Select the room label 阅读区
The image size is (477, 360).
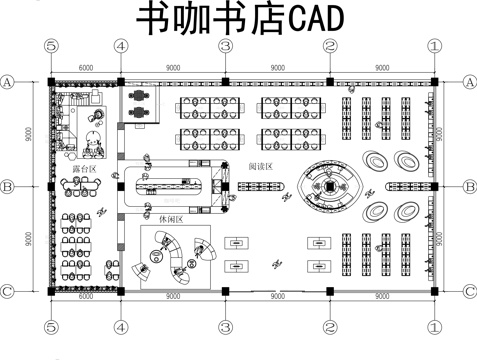[x=261, y=166]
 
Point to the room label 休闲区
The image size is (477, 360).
[x=169, y=216]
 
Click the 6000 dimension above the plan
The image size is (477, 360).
[x=85, y=66]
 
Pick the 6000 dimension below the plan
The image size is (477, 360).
[x=85, y=296]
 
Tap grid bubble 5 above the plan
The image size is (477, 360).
[x=50, y=46]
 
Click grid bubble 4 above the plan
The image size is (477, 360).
[x=120, y=46]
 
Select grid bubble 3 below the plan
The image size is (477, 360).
[x=225, y=327]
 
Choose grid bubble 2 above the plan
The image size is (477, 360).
[x=329, y=46]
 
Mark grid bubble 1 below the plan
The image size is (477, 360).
[x=434, y=327]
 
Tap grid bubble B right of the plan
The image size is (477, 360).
[x=469, y=186]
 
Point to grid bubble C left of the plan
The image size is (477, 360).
[x=8, y=291]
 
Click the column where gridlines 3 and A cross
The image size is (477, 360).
[x=225, y=81]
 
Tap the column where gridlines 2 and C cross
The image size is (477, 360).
[x=329, y=291]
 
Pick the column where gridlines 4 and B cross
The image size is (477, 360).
[x=120, y=186]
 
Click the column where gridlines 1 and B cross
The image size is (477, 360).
[x=434, y=186]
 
